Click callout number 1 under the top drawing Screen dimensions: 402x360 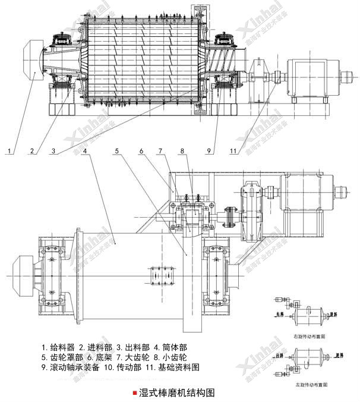[10, 152]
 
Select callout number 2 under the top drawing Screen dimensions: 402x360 [31, 152]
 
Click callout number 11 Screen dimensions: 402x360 [233, 152]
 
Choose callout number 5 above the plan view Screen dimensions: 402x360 [118, 152]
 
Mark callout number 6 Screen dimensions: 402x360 [141, 152]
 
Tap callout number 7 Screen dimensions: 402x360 [160, 152]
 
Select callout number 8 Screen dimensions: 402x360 [182, 152]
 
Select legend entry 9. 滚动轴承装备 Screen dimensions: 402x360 [72, 368]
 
